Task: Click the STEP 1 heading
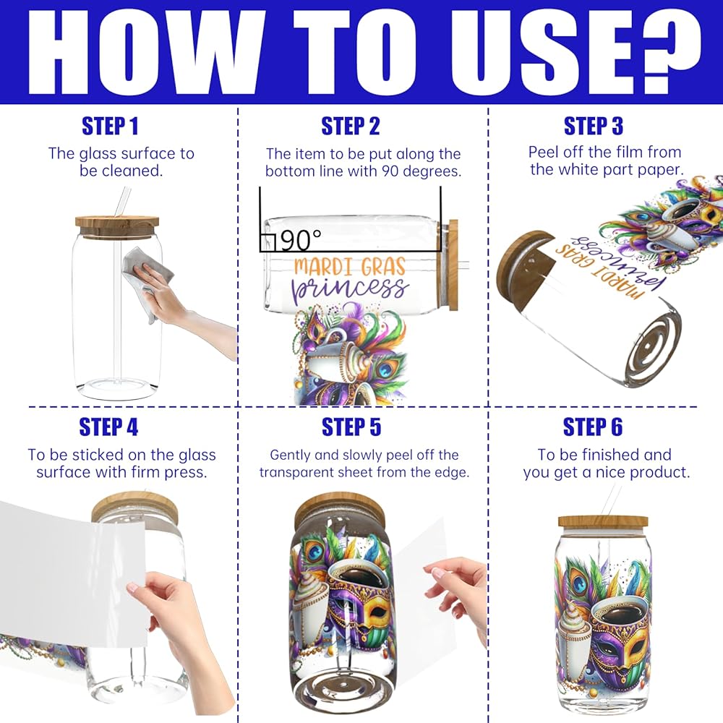tap(110, 126)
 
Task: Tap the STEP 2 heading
tap(351, 126)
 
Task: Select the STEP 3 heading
tap(594, 126)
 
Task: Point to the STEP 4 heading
tap(109, 427)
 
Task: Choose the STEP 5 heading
tap(351, 427)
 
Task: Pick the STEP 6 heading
tap(593, 427)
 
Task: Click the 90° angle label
tap(301, 240)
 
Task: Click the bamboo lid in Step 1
tap(117, 221)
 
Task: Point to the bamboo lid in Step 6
tap(603, 521)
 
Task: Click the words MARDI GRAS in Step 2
tap(350, 267)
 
